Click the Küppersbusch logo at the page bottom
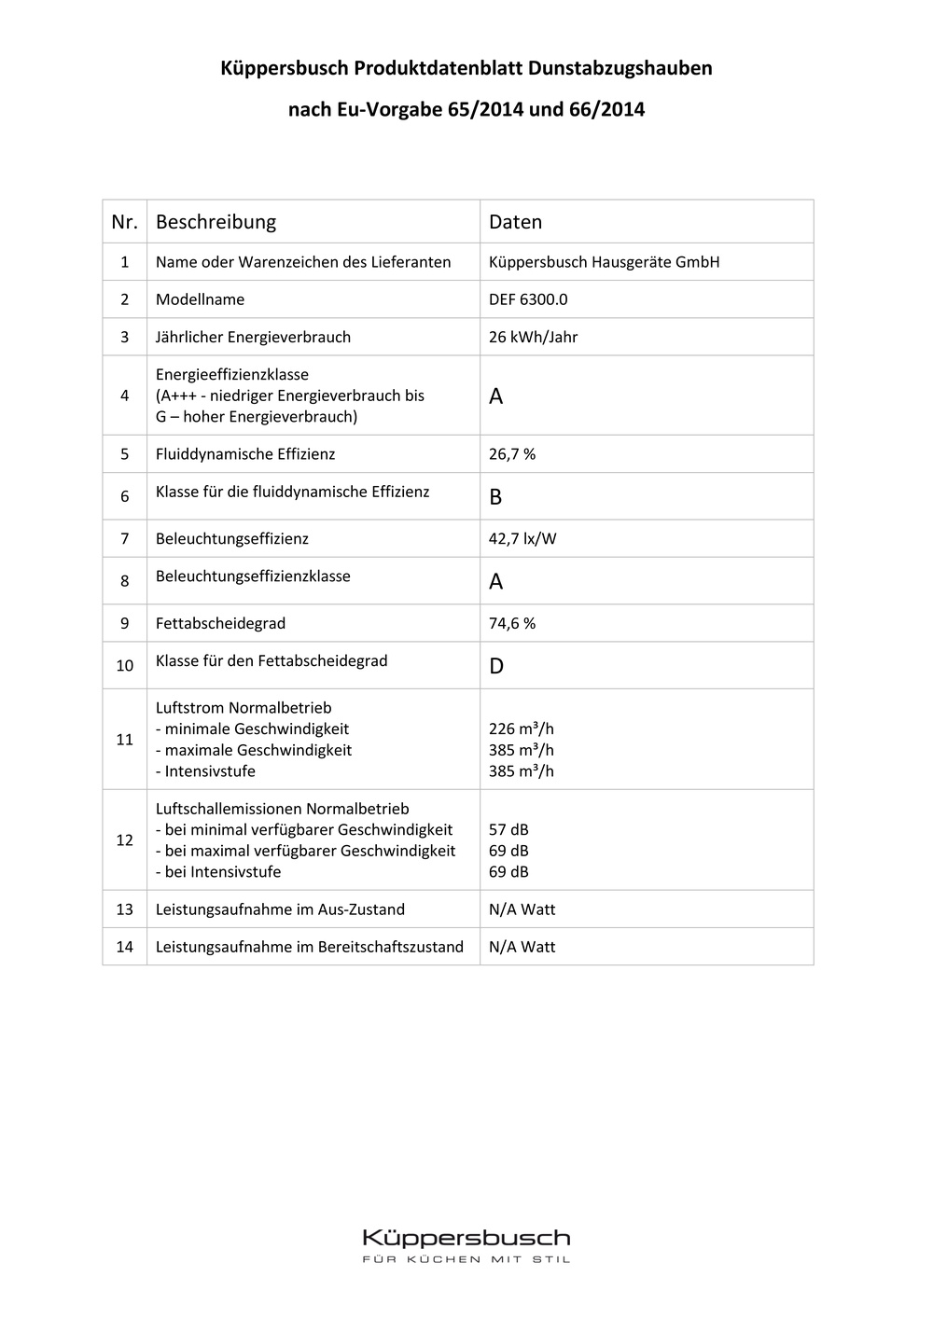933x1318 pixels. (466, 1238)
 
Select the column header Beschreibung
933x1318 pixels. (216, 222)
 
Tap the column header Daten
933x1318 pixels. (515, 222)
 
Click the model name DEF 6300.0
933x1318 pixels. (528, 299)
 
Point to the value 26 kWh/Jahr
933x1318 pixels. (533, 337)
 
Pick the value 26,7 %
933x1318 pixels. (512, 454)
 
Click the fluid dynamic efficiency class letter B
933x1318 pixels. (495, 497)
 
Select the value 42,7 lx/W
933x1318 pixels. (522, 538)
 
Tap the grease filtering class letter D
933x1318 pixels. (496, 666)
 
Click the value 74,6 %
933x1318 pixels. (512, 623)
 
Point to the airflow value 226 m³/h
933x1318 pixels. (522, 729)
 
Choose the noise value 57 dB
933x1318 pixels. (508, 829)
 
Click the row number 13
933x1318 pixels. (125, 909)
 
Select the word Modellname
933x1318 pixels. (200, 299)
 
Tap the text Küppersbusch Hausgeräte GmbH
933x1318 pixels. (604, 262)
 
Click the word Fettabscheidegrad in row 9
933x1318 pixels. (220, 623)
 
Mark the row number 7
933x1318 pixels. (125, 538)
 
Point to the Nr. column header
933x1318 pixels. (124, 222)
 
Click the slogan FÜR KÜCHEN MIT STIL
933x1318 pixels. (466, 1259)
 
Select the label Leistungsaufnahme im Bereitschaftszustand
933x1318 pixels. (309, 947)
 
